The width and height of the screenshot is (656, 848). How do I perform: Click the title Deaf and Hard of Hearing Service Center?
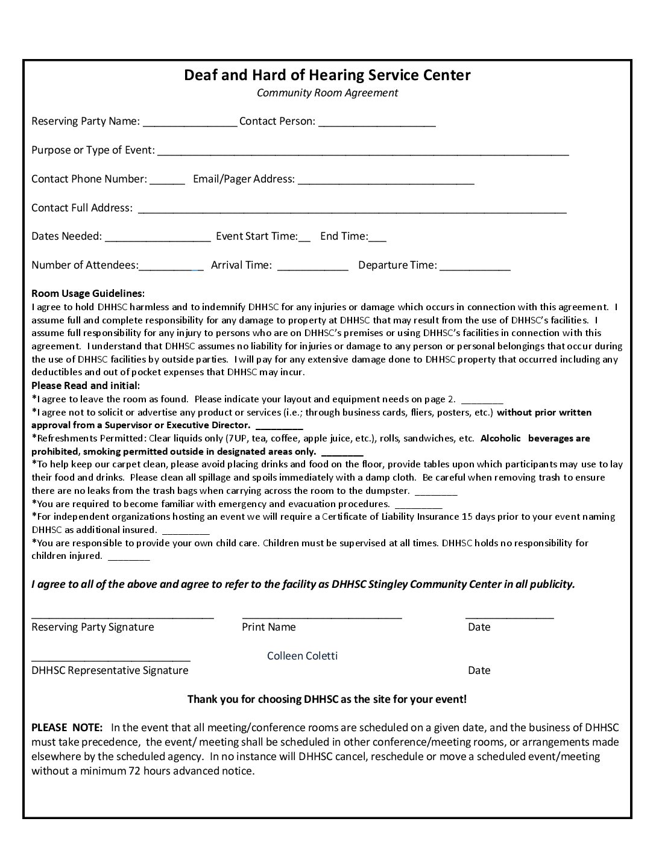click(327, 75)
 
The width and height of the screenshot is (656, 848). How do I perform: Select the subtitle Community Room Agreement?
click(327, 93)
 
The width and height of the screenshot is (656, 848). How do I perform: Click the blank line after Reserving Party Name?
click(190, 123)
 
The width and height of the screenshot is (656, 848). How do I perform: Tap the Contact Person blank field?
click(377, 123)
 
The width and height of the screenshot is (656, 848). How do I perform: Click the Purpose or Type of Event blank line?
click(363, 152)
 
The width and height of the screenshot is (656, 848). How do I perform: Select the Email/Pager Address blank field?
click(386, 181)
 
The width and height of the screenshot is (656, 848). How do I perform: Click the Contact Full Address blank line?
click(352, 210)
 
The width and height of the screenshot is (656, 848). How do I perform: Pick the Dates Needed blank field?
click(158, 238)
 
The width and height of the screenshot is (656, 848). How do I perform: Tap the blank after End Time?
click(377, 238)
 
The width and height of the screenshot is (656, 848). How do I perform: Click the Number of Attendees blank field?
click(171, 267)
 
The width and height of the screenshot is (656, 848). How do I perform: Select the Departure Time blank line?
click(475, 267)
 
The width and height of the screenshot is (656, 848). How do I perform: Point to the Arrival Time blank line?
click(313, 267)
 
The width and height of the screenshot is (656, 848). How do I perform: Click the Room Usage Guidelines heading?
click(88, 293)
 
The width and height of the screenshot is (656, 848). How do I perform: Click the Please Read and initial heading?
click(86, 385)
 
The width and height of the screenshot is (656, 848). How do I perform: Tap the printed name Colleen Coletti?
click(302, 656)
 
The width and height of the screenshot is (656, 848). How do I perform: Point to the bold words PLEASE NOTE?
click(67, 728)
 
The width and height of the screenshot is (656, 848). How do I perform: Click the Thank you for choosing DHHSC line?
click(327, 699)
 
